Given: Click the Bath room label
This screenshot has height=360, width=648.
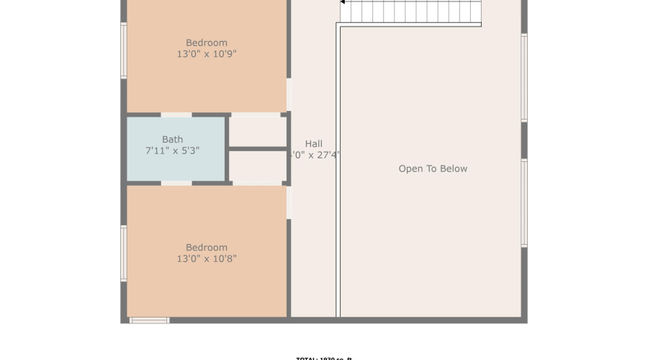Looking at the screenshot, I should point(172,140).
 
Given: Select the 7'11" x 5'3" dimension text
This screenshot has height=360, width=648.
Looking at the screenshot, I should point(172,151).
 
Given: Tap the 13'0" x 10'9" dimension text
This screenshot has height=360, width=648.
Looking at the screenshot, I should point(207,54).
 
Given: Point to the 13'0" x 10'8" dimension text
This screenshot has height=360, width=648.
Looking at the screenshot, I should point(207,259).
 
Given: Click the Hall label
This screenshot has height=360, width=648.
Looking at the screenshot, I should point(314,143).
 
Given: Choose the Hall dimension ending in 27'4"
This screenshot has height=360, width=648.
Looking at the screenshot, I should point(315,155).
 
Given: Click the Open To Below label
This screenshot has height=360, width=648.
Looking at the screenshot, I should point(433,168).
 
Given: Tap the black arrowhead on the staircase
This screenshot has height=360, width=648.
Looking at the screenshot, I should point(343,2).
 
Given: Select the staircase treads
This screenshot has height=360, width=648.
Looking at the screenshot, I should point(414,11).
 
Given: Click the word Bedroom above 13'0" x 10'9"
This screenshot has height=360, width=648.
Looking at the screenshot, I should point(207,42).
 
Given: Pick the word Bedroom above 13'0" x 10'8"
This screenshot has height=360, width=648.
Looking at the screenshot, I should point(207,248).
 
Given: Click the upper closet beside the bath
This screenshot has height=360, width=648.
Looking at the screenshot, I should point(258,130).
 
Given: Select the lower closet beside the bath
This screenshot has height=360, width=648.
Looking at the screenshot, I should point(258,166).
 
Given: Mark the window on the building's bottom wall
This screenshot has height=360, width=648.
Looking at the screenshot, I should point(149,320).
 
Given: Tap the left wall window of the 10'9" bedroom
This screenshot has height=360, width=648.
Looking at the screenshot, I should point(124,50).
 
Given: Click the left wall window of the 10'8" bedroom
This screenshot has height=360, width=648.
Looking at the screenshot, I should point(124,253).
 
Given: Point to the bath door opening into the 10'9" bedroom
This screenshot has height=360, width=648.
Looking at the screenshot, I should point(176,114).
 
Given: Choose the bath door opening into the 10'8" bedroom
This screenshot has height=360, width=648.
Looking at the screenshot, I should point(176,184).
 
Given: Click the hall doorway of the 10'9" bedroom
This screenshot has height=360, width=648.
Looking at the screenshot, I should point(289,94).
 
